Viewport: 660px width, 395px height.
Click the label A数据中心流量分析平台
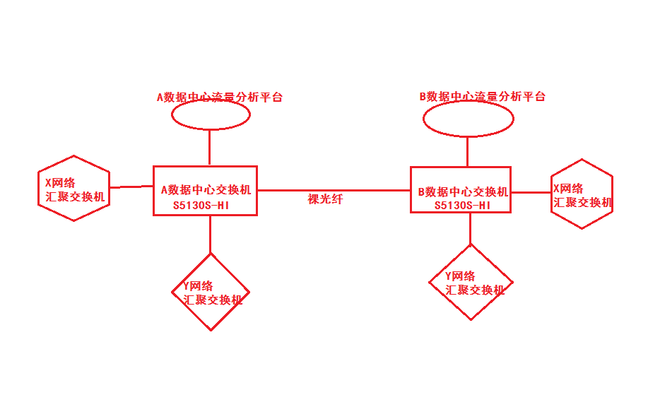(219, 98)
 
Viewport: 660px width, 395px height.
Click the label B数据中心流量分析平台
(483, 96)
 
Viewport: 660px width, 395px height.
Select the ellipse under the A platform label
(211, 116)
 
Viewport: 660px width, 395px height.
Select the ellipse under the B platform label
(468, 120)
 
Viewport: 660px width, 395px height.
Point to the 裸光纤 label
(325, 199)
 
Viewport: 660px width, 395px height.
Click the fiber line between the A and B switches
(332, 190)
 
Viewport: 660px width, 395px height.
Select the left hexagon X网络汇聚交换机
(73, 189)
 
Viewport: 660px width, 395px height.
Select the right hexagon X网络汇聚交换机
(582, 194)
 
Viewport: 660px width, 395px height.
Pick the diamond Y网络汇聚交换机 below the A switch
(211, 292)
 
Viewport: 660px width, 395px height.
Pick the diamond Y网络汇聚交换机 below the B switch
(471, 283)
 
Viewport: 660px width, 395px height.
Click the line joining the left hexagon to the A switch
(131, 187)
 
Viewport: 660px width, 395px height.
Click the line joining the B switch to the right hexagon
(530, 191)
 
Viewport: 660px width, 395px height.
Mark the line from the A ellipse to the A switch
(210, 148)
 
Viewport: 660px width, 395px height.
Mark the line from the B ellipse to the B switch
(467, 151)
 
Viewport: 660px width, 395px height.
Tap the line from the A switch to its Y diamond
(210, 234)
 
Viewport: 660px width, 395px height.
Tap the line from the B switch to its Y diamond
(470, 228)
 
